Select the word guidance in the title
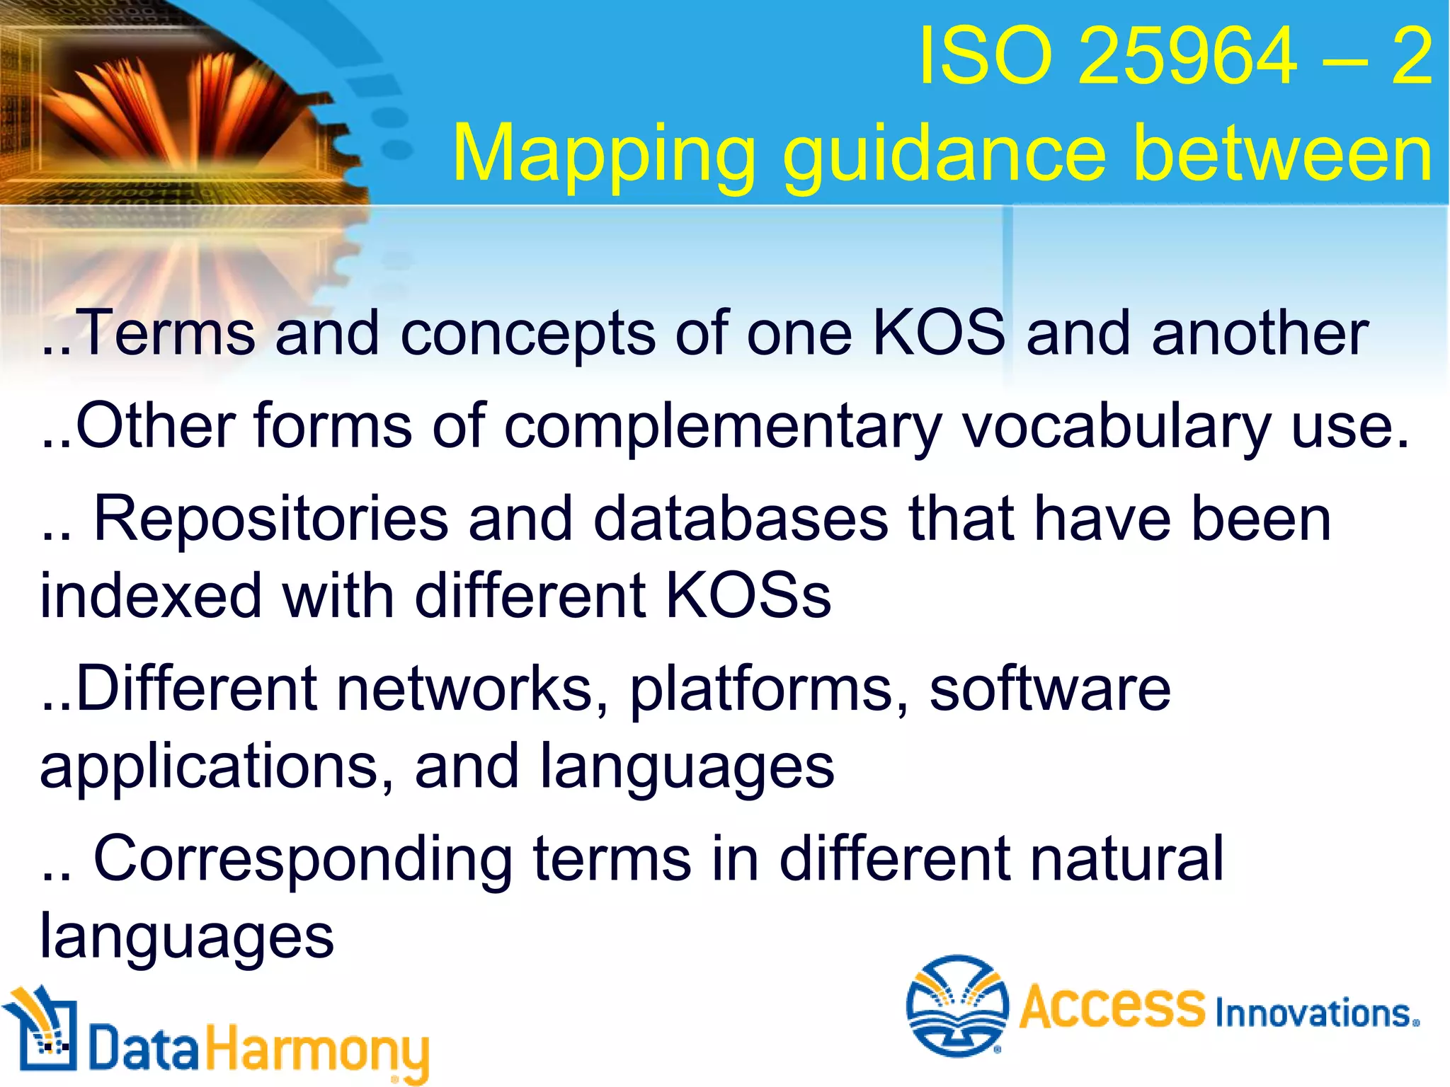coord(944,154)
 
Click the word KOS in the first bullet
coord(939,333)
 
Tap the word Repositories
coord(270,519)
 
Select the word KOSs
coord(748,596)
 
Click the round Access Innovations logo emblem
coord(957,1004)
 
